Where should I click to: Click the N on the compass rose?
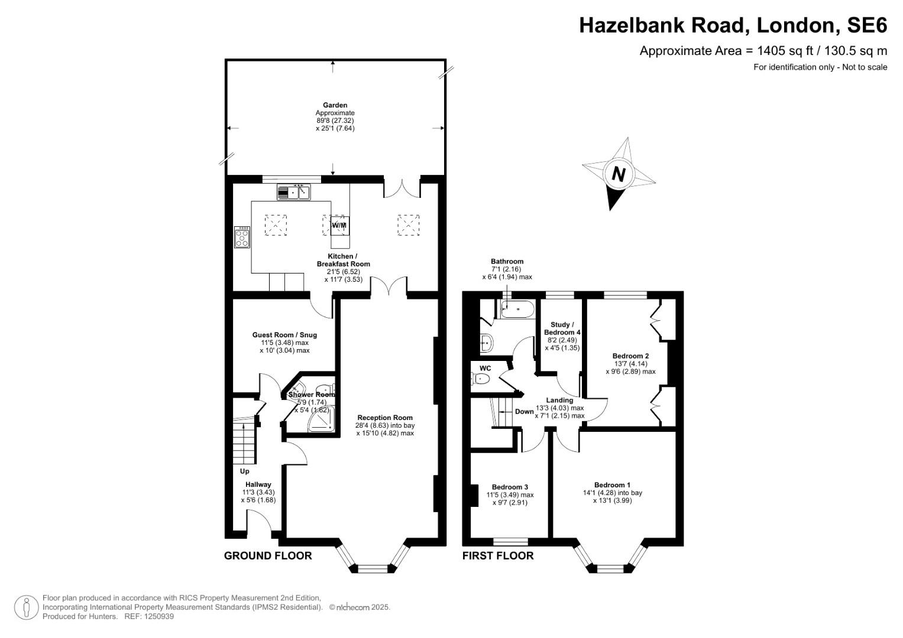619,174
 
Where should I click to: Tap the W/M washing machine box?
339,225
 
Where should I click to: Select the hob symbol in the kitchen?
242,237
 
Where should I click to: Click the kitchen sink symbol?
293,193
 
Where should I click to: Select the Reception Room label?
385,418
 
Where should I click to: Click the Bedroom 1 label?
612,485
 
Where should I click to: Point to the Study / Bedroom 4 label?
562,328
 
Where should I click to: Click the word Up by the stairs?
244,471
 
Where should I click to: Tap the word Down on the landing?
524,412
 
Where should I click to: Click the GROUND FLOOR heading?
267,555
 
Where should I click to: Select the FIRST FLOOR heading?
497,555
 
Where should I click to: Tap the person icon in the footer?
26,607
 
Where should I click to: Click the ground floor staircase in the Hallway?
244,441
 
